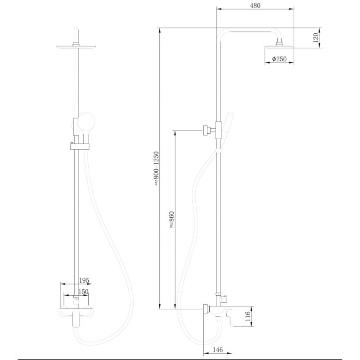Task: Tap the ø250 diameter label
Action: coord(279,59)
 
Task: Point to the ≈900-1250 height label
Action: coord(156,169)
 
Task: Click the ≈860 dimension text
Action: coord(171,220)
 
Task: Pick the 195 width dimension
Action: coord(84,280)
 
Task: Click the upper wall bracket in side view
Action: coord(207,130)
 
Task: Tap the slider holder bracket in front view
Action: coord(80,145)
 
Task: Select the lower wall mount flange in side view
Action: coord(207,309)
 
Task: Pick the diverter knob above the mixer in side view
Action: coord(225,298)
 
